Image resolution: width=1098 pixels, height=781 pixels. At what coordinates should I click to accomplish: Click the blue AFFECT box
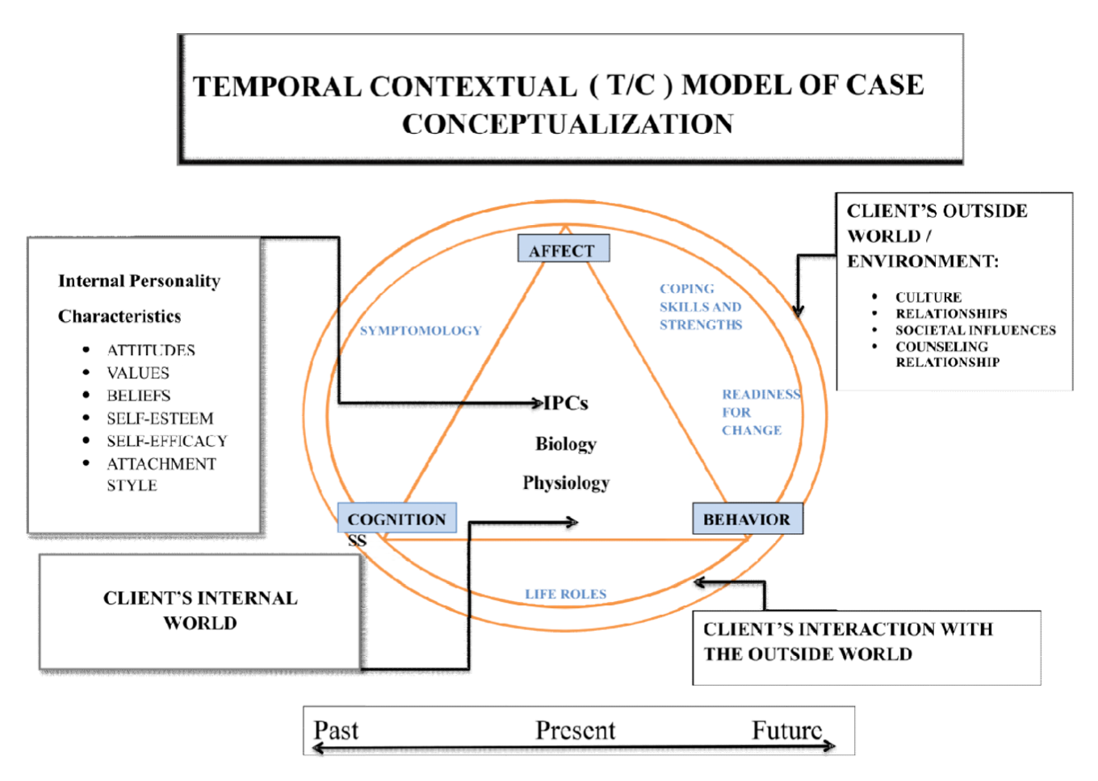pyautogui.click(x=563, y=249)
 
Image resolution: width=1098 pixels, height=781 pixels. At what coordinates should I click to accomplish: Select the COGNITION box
pyautogui.click(x=396, y=519)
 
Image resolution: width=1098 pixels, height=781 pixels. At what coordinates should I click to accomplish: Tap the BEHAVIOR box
pyautogui.click(x=747, y=519)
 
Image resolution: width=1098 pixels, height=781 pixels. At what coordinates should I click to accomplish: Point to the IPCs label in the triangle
pyautogui.click(x=566, y=403)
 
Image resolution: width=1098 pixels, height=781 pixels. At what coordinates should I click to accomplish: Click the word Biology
pyautogui.click(x=566, y=444)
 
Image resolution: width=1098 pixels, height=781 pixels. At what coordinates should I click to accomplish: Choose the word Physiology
pyautogui.click(x=566, y=482)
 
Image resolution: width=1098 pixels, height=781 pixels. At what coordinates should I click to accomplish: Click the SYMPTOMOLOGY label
pyautogui.click(x=420, y=331)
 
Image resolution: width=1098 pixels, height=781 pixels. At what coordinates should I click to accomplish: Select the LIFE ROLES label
pyautogui.click(x=565, y=594)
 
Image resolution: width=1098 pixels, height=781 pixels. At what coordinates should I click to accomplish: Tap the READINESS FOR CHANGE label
pyautogui.click(x=759, y=412)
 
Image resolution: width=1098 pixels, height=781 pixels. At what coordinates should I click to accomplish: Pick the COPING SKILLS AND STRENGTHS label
pyautogui.click(x=700, y=307)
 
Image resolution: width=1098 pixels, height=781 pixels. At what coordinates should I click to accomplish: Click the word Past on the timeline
pyautogui.click(x=336, y=730)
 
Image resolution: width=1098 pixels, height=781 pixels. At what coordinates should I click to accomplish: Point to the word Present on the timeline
pyautogui.click(x=575, y=730)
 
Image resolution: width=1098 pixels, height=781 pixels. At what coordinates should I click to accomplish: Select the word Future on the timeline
pyautogui.click(x=786, y=730)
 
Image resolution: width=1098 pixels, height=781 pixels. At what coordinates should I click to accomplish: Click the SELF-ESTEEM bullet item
pyautogui.click(x=160, y=419)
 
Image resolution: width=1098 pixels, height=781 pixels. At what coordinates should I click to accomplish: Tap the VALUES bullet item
pyautogui.click(x=138, y=374)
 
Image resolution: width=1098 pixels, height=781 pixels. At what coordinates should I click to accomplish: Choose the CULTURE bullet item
pyautogui.click(x=928, y=297)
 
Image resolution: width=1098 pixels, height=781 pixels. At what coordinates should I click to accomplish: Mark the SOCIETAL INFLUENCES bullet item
pyautogui.click(x=975, y=330)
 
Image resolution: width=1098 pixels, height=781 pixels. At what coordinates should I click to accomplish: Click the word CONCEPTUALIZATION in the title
pyautogui.click(x=568, y=124)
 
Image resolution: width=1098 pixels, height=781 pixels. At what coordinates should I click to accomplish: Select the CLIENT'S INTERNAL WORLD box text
pyautogui.click(x=200, y=610)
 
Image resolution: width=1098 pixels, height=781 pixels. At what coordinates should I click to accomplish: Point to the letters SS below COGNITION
pyautogui.click(x=357, y=541)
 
